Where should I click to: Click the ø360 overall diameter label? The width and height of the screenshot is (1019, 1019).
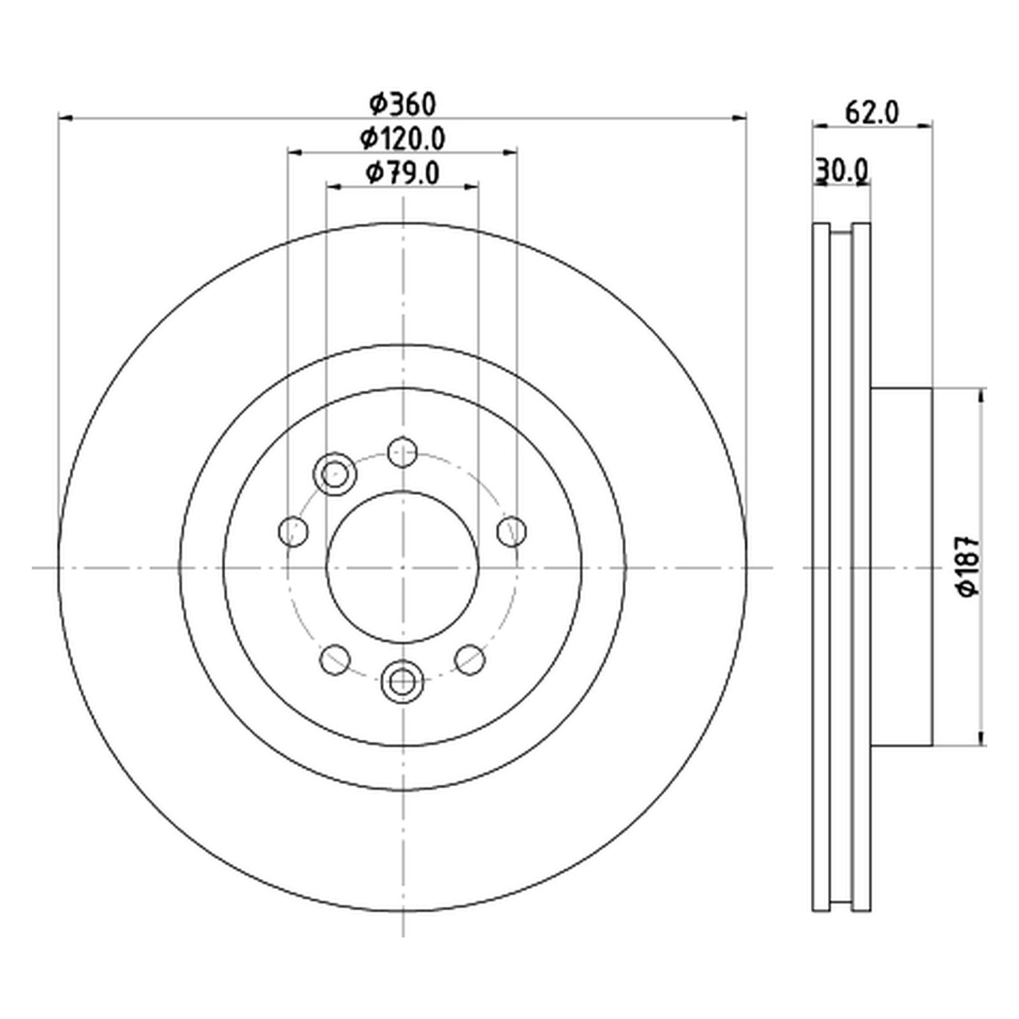(403, 105)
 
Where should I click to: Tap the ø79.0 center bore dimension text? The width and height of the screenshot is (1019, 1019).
(403, 173)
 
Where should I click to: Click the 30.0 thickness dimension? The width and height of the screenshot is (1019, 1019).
(842, 171)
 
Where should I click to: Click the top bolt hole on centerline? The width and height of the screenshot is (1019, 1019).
(403, 453)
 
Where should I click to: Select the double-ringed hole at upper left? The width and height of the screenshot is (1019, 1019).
(335, 473)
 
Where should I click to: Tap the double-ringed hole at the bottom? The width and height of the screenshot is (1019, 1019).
(402, 682)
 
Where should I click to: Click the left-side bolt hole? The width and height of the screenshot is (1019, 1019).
(294, 531)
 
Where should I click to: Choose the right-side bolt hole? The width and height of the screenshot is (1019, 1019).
(512, 531)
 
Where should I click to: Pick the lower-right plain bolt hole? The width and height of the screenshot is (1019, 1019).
(470, 659)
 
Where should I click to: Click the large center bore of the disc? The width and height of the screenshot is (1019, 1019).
(403, 567)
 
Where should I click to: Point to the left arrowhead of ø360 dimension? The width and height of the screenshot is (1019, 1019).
(64, 118)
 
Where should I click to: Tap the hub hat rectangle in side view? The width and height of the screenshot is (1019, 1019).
(901, 567)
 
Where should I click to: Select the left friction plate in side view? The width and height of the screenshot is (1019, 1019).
(822, 567)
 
